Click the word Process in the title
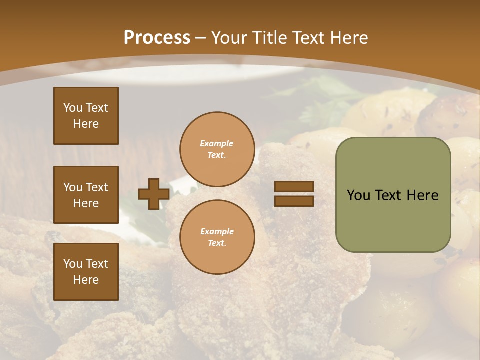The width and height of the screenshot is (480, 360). pos(157,38)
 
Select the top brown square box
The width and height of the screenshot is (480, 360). pos(86,116)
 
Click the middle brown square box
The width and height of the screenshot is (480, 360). pos(86,195)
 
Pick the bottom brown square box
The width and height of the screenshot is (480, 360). pos(86,272)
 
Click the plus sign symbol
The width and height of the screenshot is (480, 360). pos(154,194)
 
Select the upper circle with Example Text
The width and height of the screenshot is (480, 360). pos(217,149)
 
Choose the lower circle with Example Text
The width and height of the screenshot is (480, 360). pos(217,237)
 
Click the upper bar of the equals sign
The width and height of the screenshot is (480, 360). pos(294,186)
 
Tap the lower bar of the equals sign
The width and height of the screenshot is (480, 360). pos(294,201)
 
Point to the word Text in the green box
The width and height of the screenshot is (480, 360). pos(388,195)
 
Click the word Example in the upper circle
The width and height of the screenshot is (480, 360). pos(217,144)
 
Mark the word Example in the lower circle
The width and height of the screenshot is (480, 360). pos(217,232)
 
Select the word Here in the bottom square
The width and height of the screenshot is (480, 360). pos(86,280)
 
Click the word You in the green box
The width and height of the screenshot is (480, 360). pos(358,195)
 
